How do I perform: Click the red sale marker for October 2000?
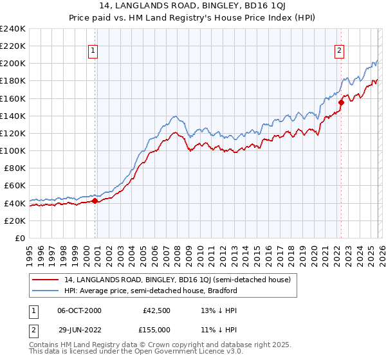click(95, 201)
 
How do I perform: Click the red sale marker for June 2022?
click(342, 102)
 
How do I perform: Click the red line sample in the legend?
click(46, 280)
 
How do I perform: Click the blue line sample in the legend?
click(46, 291)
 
